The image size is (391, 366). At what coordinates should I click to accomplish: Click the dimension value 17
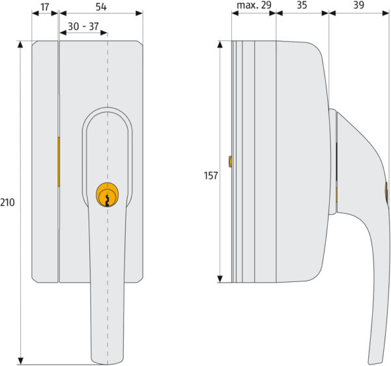[x=45, y=7]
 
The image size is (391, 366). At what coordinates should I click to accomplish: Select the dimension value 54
[x=101, y=7]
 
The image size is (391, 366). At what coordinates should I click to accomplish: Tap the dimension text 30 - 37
[x=83, y=27]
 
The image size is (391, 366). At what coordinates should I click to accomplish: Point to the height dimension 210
[x=7, y=203]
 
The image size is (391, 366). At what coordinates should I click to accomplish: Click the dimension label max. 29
[x=254, y=5]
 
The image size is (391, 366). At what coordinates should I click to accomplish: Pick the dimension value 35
[x=302, y=5]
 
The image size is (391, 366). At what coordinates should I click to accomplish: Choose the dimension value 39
[x=359, y=5]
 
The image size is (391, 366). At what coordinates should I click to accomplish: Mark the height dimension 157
[x=210, y=176]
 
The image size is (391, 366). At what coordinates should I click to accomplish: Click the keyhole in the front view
[x=108, y=201]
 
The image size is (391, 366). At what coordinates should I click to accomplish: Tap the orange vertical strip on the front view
[x=59, y=162]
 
